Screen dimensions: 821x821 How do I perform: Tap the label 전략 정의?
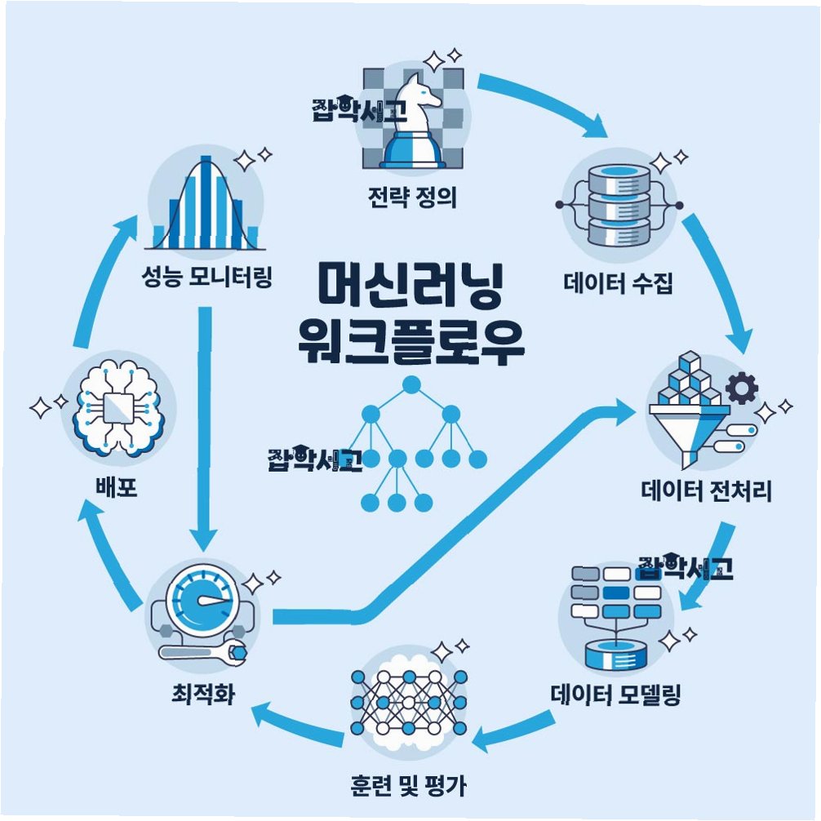[x=411, y=197]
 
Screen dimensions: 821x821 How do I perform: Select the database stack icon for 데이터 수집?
[x=618, y=204]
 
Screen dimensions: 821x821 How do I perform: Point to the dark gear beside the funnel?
[x=741, y=388]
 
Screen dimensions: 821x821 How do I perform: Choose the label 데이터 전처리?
[x=707, y=492]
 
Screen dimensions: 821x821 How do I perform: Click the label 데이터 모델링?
[x=616, y=695]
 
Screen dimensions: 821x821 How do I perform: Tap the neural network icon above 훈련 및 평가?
[x=408, y=701]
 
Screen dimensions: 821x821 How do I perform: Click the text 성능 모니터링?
[x=206, y=282]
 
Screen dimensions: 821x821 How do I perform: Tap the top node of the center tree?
[x=410, y=383]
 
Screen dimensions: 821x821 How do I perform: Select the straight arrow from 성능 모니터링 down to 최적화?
[x=203, y=424]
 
